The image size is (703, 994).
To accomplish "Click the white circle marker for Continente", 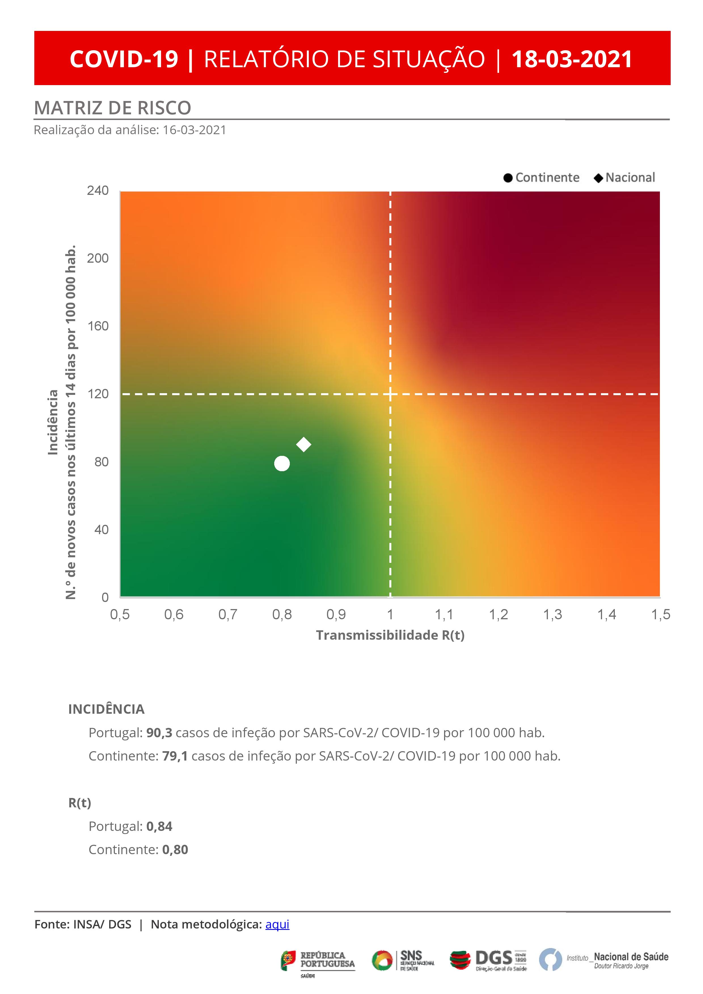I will [282, 463].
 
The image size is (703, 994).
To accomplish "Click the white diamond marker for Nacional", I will [303, 444].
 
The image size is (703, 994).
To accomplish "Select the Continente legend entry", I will [542, 178].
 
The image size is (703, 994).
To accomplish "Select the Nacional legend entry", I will [625, 178].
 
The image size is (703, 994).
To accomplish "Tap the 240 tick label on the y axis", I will [98, 190].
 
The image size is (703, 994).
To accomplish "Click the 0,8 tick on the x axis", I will [282, 614].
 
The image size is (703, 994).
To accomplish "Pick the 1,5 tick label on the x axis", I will [660, 614].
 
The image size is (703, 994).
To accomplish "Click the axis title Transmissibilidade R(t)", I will [390, 635].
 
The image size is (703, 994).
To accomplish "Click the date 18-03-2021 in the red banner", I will [572, 59].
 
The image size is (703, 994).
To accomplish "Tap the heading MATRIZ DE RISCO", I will [113, 108].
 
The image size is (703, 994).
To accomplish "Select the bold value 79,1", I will [175, 756].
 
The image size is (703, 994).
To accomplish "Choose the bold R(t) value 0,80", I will [175, 849].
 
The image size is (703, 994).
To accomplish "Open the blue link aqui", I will [277, 924].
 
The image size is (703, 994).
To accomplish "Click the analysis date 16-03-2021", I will [194, 130].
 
